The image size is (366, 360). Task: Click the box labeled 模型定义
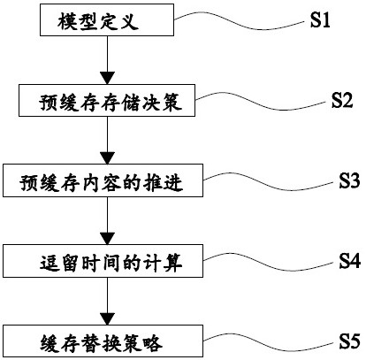(107, 19)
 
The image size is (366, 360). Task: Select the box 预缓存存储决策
(107, 100)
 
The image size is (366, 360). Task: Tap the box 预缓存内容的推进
(103, 180)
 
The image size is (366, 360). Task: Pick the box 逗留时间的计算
(103, 261)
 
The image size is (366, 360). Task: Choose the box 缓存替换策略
(103, 341)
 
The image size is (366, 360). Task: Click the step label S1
(320, 20)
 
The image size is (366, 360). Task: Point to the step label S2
(342, 100)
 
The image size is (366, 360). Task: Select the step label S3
(349, 180)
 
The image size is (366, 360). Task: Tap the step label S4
(349, 261)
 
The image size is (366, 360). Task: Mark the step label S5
(349, 341)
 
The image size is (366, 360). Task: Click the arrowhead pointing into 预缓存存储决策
(107, 78)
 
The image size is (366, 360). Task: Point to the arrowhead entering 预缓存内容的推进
(107, 158)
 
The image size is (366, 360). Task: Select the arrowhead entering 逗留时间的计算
(107, 238)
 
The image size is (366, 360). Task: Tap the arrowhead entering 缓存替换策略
(107, 318)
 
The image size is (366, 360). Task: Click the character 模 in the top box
(67, 21)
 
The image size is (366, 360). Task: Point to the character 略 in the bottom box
(153, 343)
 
